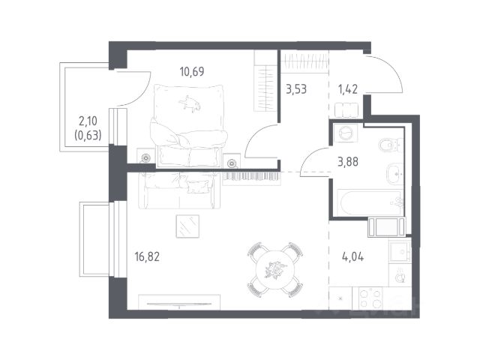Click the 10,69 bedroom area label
(x=192, y=72)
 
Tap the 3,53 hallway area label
(x=296, y=90)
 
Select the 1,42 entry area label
(x=348, y=89)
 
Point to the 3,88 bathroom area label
(x=348, y=162)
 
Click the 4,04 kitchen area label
(x=352, y=257)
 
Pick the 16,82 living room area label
(x=147, y=256)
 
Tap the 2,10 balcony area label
(x=88, y=121)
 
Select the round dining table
(x=275, y=270)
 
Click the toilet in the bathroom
(x=391, y=144)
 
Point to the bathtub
(x=370, y=203)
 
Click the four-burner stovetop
(x=370, y=298)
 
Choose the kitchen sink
(x=400, y=250)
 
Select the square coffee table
(x=187, y=226)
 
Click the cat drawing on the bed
(x=190, y=103)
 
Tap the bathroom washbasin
(x=395, y=173)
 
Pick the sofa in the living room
(x=179, y=190)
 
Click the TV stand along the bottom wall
(x=179, y=302)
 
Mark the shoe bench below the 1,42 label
(x=346, y=110)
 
